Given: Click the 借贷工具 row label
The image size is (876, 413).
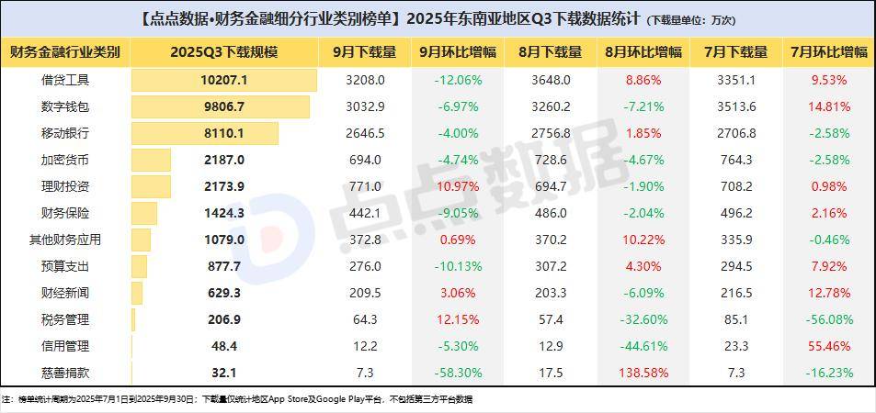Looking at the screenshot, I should click(x=65, y=80).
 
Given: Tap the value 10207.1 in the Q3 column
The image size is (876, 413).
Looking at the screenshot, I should click(x=223, y=80).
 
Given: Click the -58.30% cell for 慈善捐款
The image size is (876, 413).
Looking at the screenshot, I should click(x=456, y=374).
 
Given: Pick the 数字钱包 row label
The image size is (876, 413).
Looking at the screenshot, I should click(x=65, y=106).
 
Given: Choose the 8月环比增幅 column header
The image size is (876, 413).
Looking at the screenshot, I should click(x=643, y=51).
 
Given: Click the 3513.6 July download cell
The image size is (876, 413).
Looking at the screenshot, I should click(x=735, y=106).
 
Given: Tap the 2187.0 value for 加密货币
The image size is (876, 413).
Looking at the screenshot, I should click(x=223, y=160).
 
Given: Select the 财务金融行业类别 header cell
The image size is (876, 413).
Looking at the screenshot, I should click(x=65, y=51).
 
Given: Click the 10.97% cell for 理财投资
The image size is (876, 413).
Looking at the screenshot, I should click(x=456, y=186).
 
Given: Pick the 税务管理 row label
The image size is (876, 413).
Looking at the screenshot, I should click(x=65, y=320).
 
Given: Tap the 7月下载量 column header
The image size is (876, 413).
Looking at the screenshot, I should click(x=735, y=51).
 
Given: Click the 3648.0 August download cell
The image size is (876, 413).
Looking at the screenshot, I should click(x=551, y=80).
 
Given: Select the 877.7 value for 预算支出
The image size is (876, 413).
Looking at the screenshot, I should click(x=223, y=266).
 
